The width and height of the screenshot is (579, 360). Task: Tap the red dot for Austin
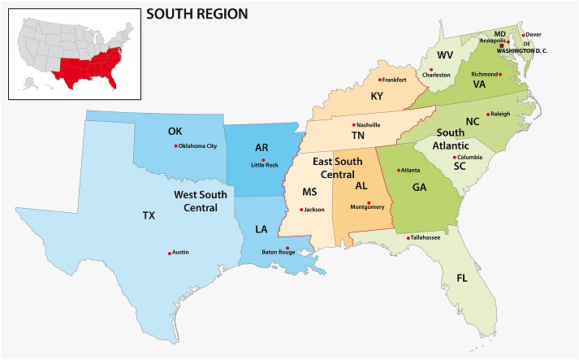tap(170, 254)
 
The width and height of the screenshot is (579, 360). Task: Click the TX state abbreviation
tap(149, 215)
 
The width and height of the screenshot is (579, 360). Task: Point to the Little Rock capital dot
tap(263, 160)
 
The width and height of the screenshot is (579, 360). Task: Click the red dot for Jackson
tap(302, 210)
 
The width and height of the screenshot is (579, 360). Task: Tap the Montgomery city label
tap(366, 207)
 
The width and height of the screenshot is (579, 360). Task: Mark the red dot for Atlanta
tap(398, 171)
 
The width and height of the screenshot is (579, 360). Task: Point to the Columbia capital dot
tap(454, 157)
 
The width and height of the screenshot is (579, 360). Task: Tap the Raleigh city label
tap(500, 114)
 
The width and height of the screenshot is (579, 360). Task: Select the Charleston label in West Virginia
tap(435, 75)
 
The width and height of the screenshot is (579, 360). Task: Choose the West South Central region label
tap(196, 202)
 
